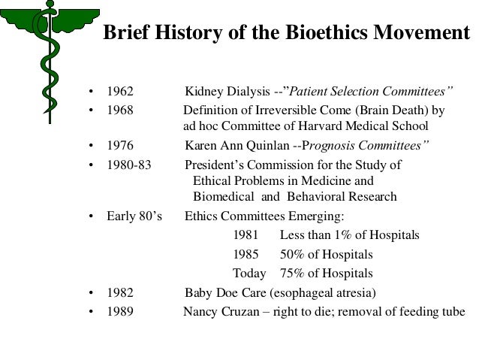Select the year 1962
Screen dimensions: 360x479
coord(120,93)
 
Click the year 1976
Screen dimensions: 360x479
coord(120,145)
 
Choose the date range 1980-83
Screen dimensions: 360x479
coord(129,165)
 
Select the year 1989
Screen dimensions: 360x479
coord(120,311)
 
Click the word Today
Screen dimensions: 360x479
coord(249,273)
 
